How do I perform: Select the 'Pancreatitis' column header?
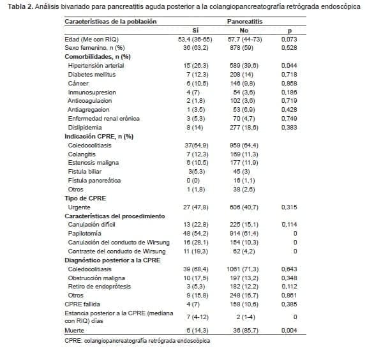pos(244,21)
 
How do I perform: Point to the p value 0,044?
pos(289,65)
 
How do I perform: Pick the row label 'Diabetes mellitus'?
pos(91,74)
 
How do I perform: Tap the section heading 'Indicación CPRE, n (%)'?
pos(99,136)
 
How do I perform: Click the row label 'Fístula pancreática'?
pos(94,181)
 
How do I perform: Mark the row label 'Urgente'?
pos(80,207)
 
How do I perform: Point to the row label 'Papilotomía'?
pos(86,234)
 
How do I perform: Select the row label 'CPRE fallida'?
pos(83,304)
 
